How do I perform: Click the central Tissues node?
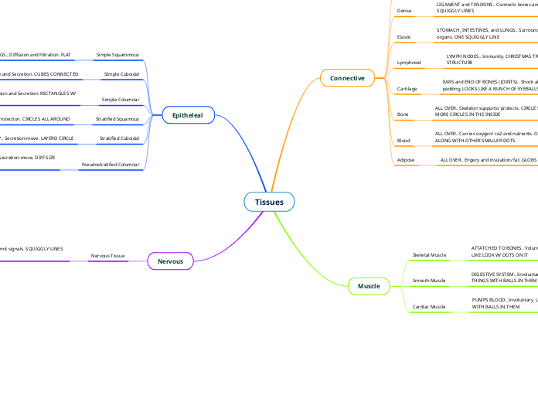(269, 203)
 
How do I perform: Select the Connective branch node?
(347, 78)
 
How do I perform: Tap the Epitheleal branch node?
(187, 115)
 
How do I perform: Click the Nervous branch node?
(170, 261)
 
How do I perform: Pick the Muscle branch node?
(369, 286)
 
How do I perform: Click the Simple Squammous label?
(117, 55)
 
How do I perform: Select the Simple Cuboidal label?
(121, 74)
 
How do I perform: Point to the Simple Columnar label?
(121, 99)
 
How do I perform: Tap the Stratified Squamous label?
(117, 119)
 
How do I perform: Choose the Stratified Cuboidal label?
(119, 138)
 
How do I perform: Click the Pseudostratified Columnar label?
(111, 165)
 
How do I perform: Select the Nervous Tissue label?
(107, 255)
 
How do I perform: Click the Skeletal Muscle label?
(429, 254)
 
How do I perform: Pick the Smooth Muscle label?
(429, 280)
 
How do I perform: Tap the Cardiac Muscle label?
(429, 307)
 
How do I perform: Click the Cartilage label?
(407, 89)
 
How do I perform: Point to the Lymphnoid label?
(408, 61)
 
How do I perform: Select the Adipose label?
(405, 160)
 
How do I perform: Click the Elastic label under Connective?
(403, 37)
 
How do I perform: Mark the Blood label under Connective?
(403, 141)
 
